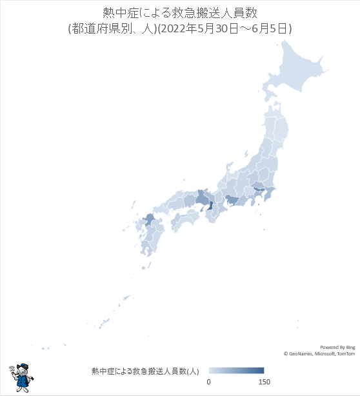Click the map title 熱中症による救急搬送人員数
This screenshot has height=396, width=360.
click(179, 13)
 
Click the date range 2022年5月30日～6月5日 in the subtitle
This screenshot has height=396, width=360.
click(232, 28)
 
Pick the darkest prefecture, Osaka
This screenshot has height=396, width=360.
click(210, 208)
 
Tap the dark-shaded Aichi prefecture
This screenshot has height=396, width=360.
click(231, 203)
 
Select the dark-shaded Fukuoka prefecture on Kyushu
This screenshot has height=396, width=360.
click(148, 220)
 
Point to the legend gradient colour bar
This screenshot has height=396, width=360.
click(236, 371)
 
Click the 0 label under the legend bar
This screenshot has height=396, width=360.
click(208, 382)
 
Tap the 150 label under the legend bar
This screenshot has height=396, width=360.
click(264, 382)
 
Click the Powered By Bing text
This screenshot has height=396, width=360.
click(337, 347)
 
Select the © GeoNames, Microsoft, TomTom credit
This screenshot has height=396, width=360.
click(319, 353)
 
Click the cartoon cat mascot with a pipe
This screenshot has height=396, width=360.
click(21, 376)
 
